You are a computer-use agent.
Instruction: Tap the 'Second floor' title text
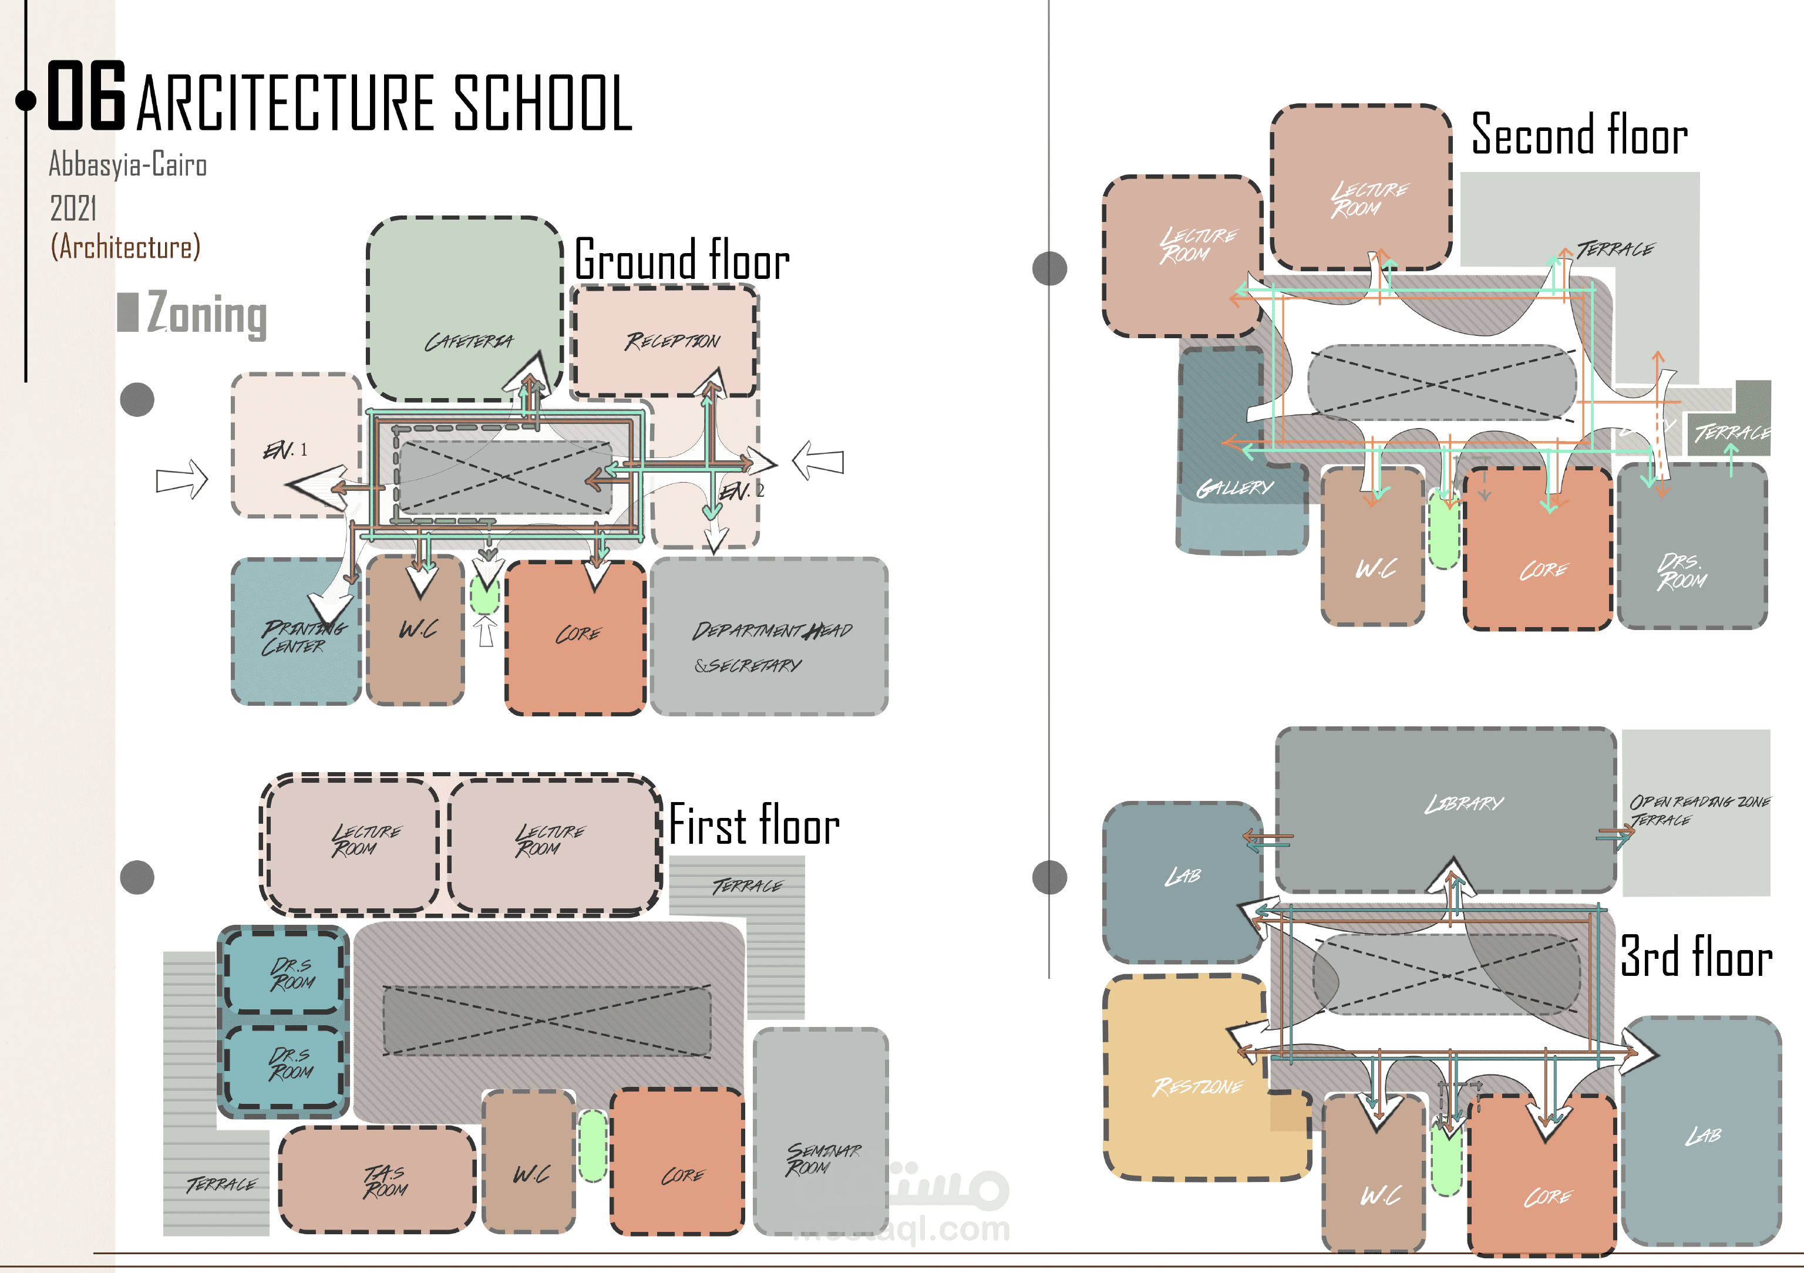pos(1579,135)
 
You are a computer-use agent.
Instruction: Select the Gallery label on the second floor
pos(1234,488)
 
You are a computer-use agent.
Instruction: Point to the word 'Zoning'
pos(207,314)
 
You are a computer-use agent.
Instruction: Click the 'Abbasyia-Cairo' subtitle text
pos(128,165)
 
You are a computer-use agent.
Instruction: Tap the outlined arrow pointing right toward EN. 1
pos(181,479)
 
